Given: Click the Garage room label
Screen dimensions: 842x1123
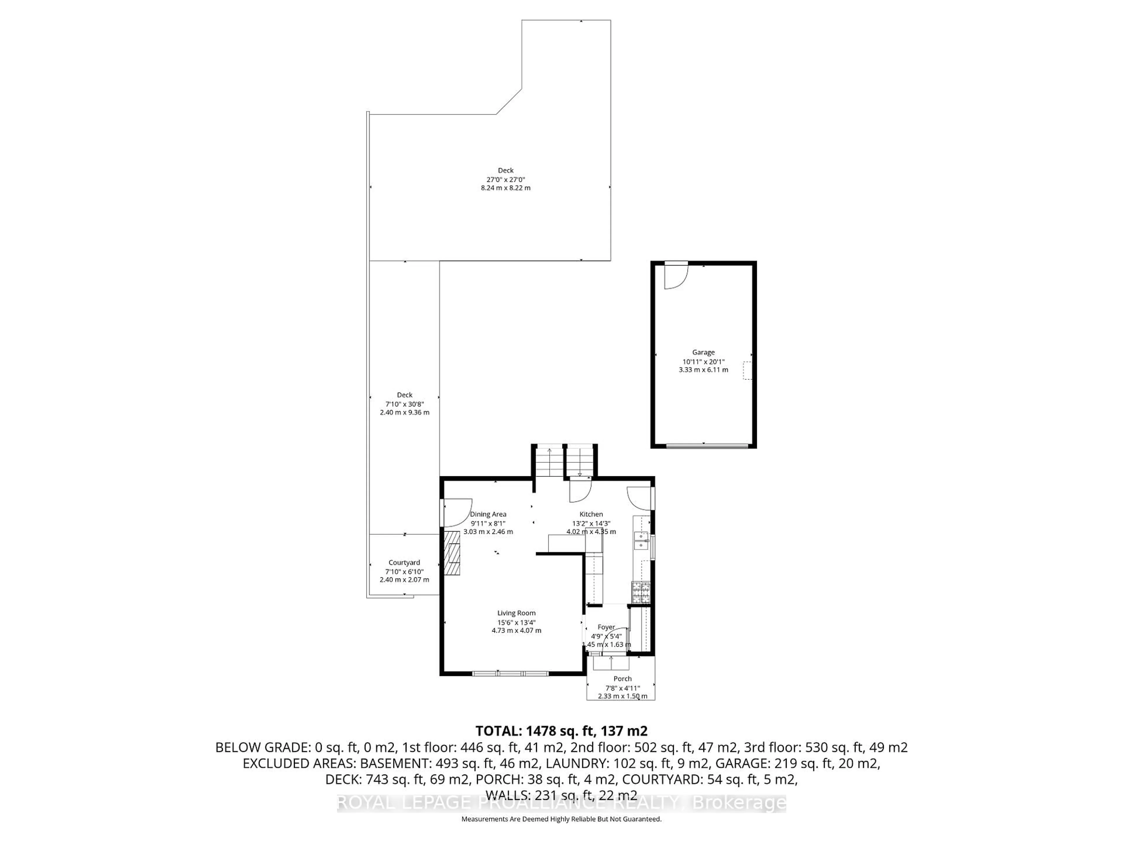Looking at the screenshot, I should coord(703,352).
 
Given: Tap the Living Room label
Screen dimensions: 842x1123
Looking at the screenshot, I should coord(516,613).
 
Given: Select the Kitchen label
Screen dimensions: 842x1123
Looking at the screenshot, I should coord(591,514).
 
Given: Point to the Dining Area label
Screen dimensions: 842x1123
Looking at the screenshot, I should coord(488,514).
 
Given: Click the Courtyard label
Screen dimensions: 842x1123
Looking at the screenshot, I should coord(404,562).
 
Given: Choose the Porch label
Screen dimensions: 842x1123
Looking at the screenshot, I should coord(622,679).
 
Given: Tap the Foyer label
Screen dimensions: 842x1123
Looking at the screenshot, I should coord(606,627).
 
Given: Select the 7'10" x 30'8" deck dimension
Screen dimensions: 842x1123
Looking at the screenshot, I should coord(405,404).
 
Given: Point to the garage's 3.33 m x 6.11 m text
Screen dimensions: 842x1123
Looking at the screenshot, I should coord(703,370).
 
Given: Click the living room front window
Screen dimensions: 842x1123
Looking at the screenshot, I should coord(510,674).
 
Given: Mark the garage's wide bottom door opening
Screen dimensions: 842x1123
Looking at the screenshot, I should coord(707,446).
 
